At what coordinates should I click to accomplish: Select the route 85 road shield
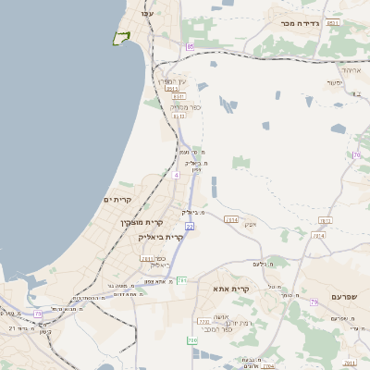point(191,46)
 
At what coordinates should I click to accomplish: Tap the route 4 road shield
point(175,173)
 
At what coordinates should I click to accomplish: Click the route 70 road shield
point(358,154)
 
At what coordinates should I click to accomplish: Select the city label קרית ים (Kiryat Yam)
point(118,200)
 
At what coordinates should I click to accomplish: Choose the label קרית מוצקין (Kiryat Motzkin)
point(142,222)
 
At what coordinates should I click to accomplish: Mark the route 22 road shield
point(189,226)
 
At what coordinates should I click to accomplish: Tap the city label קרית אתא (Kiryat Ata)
point(231,289)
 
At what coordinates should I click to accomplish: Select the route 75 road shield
point(38,314)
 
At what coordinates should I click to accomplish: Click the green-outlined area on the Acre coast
point(119,38)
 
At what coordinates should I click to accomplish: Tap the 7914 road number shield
point(324,220)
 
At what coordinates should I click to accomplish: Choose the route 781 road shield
point(146,258)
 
